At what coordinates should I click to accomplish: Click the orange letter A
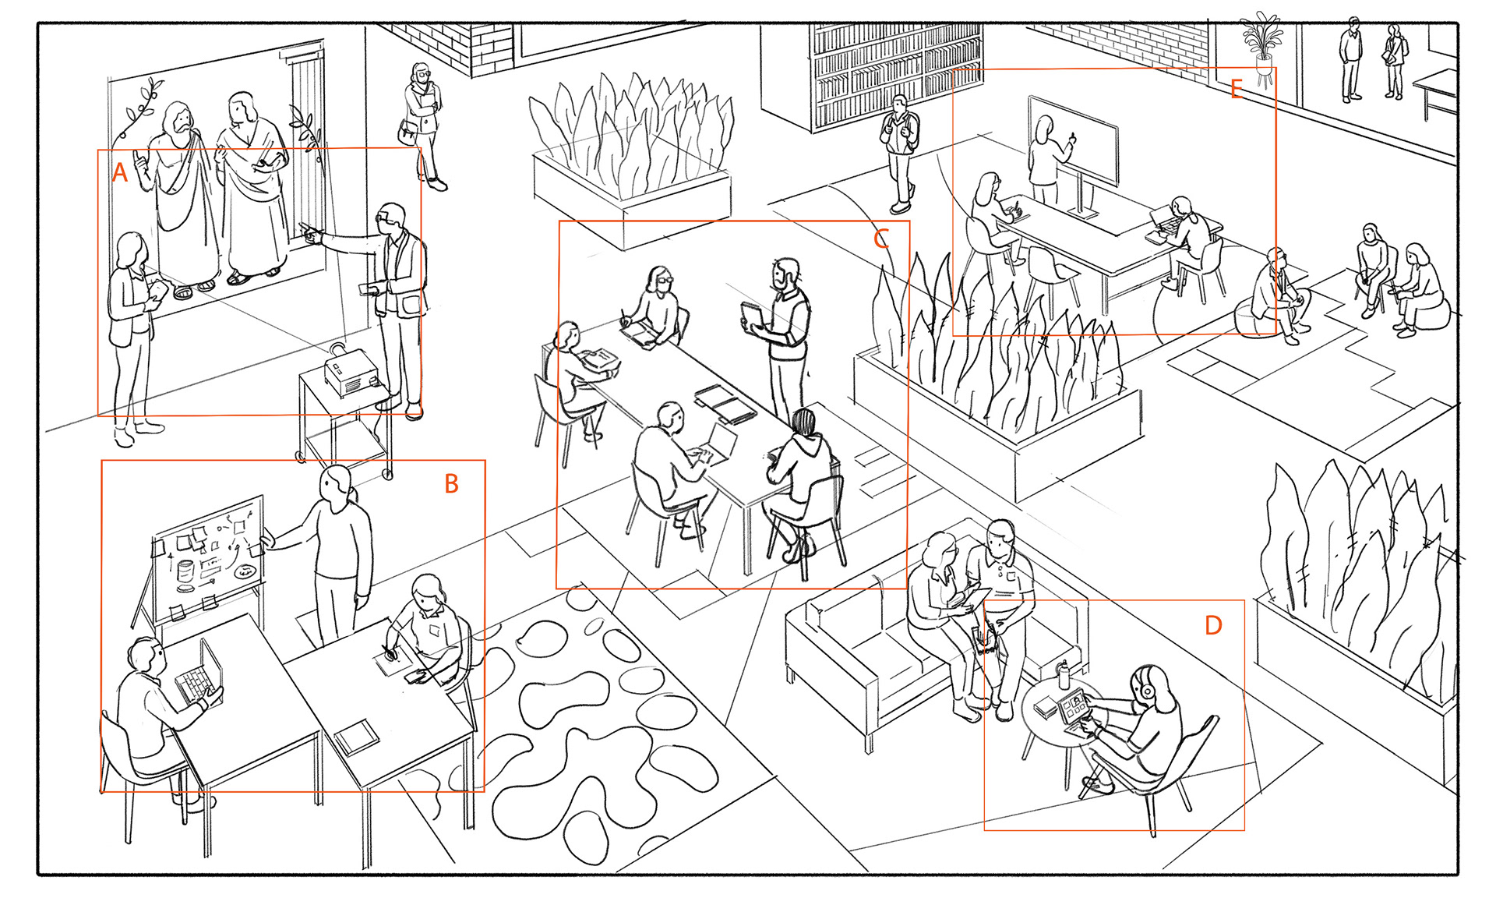[x=119, y=172]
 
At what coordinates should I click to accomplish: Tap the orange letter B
[x=451, y=484]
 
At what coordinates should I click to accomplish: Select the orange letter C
[x=881, y=239]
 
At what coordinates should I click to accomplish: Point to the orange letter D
[x=1213, y=625]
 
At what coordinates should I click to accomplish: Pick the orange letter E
[x=1237, y=90]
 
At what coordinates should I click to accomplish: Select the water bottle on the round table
[x=1064, y=674]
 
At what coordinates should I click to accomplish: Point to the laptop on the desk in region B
[x=200, y=671]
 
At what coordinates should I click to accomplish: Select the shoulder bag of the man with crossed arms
[x=407, y=131]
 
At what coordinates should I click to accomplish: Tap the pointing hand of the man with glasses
[x=309, y=232]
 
